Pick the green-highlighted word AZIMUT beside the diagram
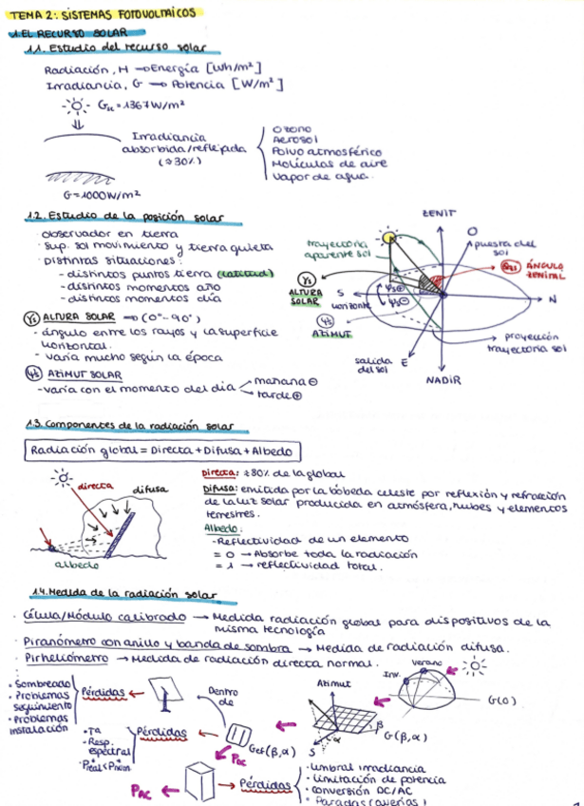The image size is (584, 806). [332, 335]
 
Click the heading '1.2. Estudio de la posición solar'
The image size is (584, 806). [130, 218]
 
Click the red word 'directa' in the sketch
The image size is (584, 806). [95, 486]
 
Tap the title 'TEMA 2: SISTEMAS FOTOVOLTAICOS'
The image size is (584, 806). [110, 14]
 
